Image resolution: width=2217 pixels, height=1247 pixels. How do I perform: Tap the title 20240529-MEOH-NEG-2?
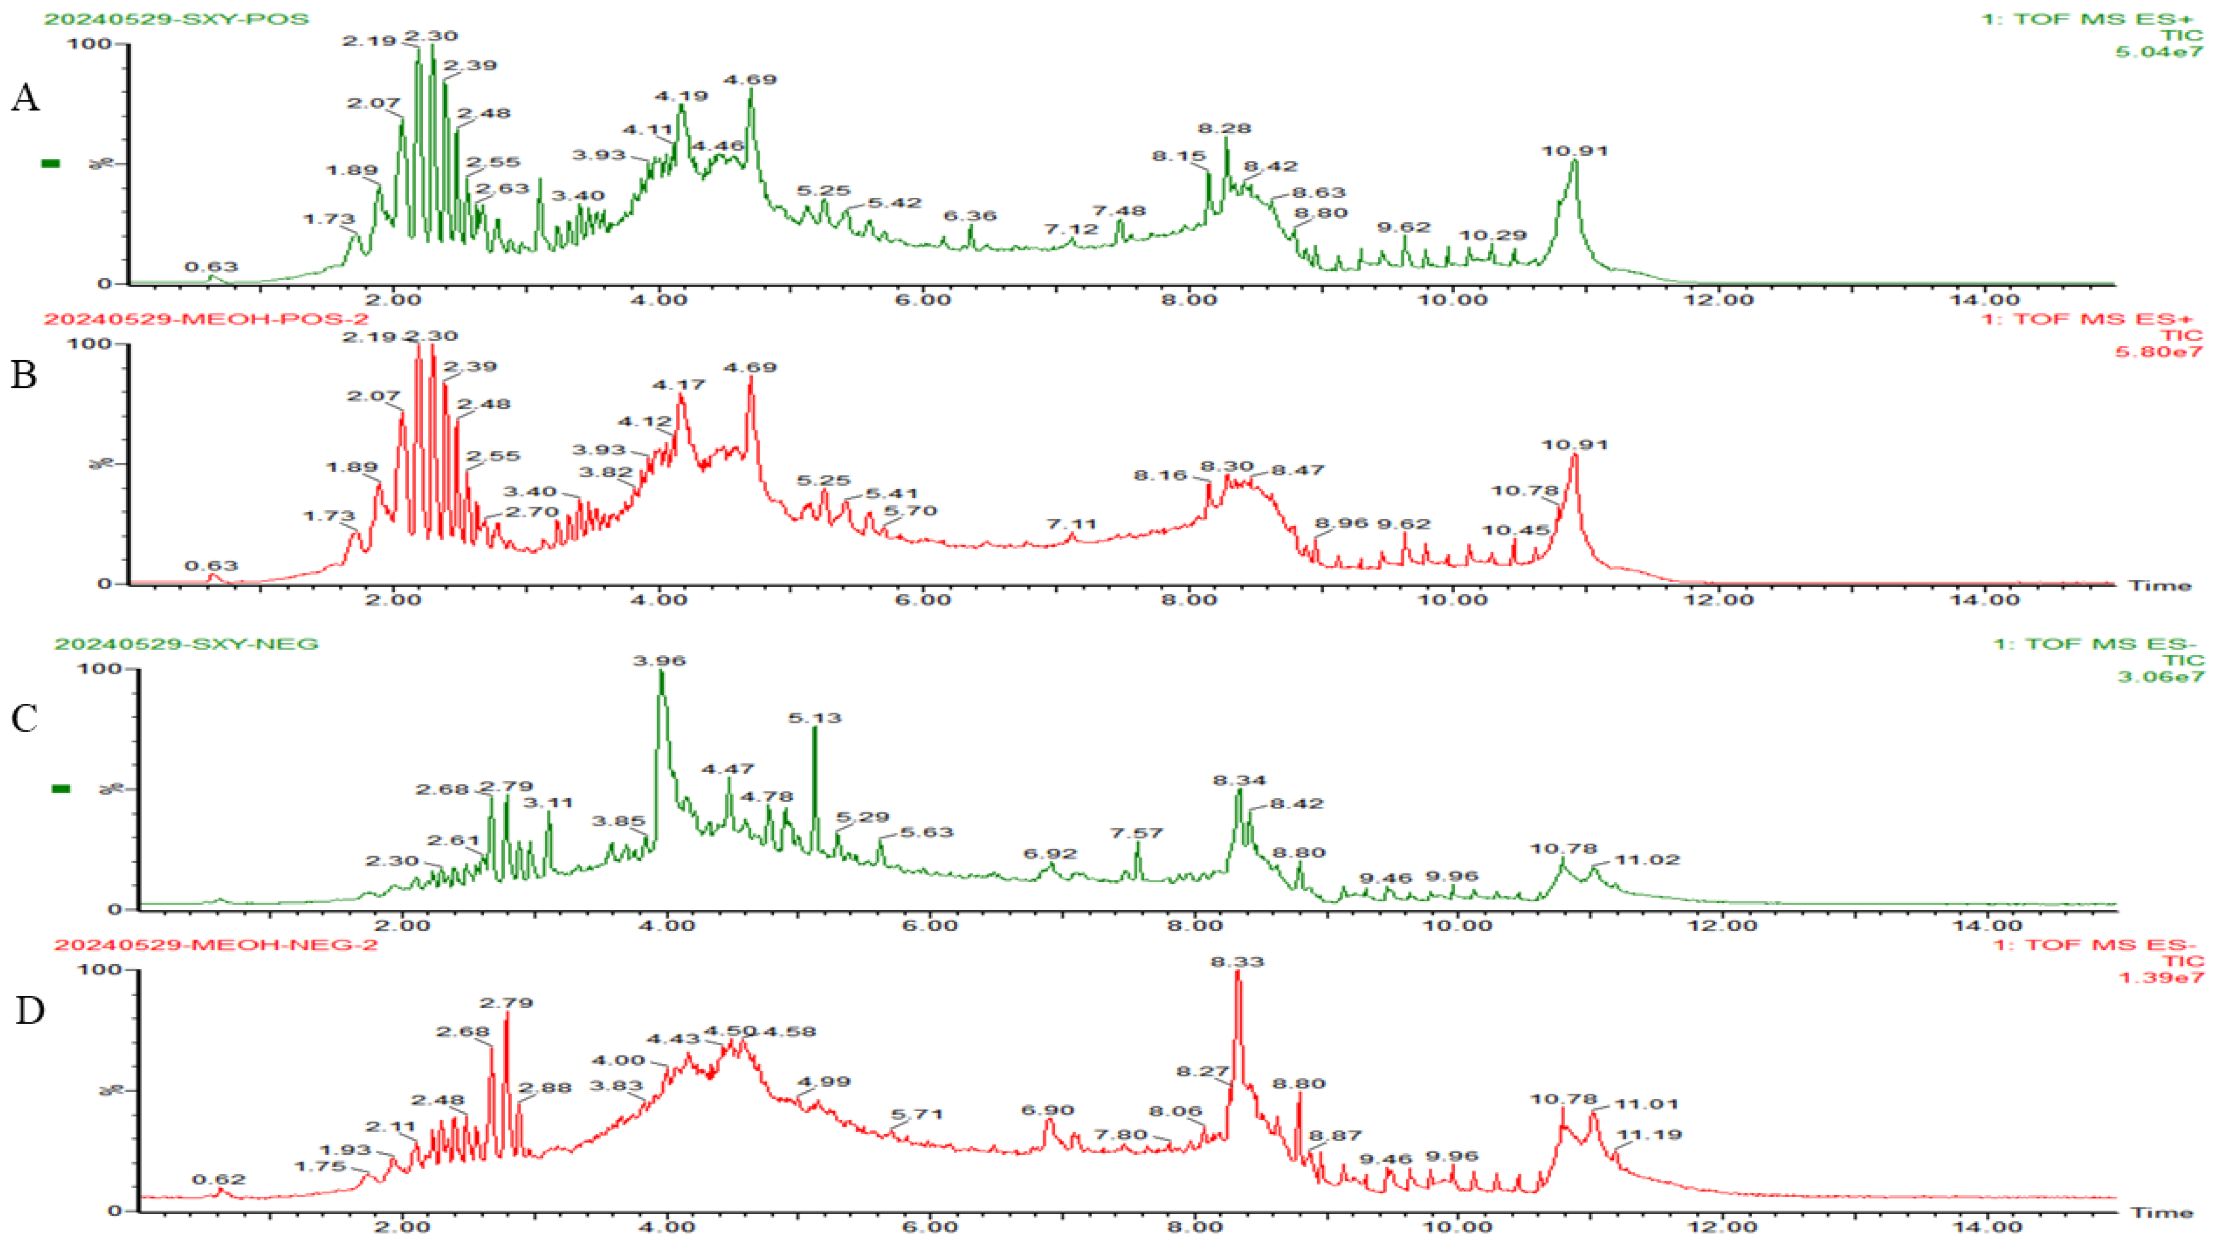point(215,944)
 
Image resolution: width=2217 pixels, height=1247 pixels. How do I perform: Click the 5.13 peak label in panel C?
point(815,718)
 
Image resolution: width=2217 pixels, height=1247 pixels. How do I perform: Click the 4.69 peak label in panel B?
point(750,367)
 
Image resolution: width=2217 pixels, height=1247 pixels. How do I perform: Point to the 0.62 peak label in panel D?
point(219,1179)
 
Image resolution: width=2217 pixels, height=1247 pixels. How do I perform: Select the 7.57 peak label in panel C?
point(1136,833)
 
